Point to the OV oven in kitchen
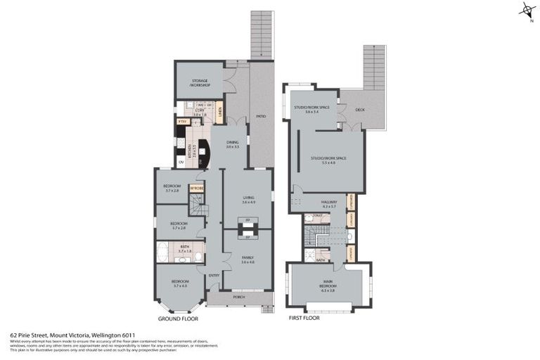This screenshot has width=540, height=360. pyautogui.click(x=181, y=162)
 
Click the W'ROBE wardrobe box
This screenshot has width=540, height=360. pyautogui.click(x=196, y=188)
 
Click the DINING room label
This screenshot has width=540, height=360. pyautogui.click(x=233, y=144)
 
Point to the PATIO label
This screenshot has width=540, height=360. pyautogui.click(x=260, y=115)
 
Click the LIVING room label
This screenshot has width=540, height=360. pyautogui.click(x=248, y=199)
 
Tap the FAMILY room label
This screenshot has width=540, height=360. pyautogui.click(x=247, y=259)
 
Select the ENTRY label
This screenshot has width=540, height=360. pyautogui.click(x=214, y=275)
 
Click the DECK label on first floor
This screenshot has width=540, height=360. pyautogui.click(x=359, y=110)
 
